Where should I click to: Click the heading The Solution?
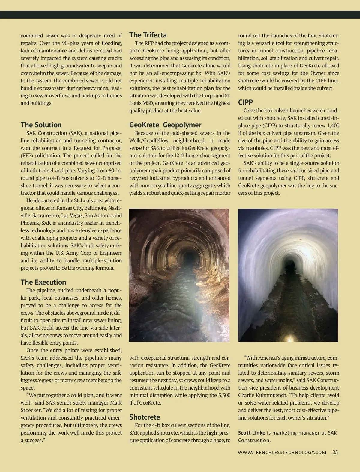pyautogui.click(x=41, y=125)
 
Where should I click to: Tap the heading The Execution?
pyautogui.click(x=43, y=282)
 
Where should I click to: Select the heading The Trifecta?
pyautogui.click(x=148, y=35)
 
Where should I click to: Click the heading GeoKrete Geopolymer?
pyautogui.click(x=165, y=125)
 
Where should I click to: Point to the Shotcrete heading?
pyautogui.click(x=145, y=417)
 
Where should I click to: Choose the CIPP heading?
pyautogui.click(x=246, y=102)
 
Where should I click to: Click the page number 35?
pyautogui.click(x=335, y=452)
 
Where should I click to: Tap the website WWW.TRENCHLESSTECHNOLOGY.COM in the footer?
pyautogui.click(x=282, y=453)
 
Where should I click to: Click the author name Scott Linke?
pyautogui.click(x=252, y=432)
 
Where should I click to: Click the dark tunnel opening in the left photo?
pyautogui.click(x=190, y=257)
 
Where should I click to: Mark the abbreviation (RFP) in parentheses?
pyautogui.click(x=27, y=156)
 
